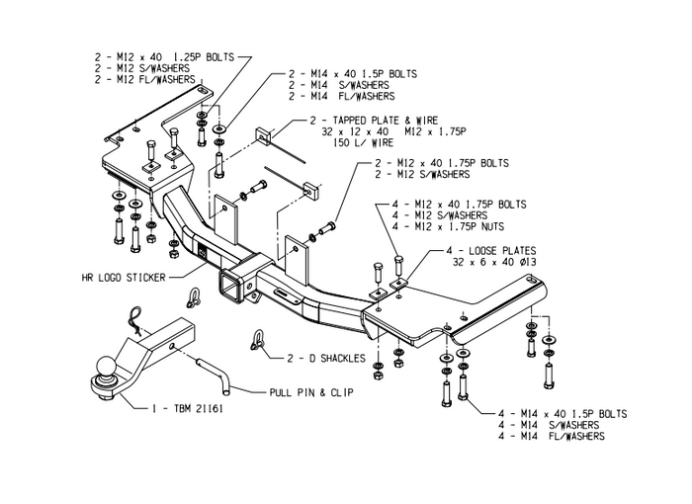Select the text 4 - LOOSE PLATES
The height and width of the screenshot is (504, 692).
coord(483,251)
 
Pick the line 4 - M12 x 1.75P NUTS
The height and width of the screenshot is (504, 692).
coord(455,227)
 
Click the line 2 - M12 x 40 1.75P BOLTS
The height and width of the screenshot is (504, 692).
coord(441,162)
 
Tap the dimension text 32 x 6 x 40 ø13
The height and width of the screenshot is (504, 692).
coord(495,264)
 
